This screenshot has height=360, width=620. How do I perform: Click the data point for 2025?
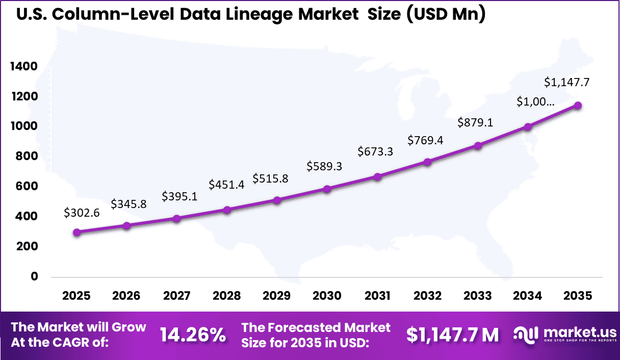[x=76, y=233]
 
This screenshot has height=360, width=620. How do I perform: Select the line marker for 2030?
[x=327, y=189]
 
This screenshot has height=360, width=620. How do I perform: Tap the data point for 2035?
[x=578, y=106]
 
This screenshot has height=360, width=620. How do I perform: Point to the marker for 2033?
[x=478, y=146]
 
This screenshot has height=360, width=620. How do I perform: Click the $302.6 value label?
[x=82, y=214]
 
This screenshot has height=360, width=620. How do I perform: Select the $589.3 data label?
[x=324, y=166]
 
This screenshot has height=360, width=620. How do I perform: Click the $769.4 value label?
[x=425, y=140]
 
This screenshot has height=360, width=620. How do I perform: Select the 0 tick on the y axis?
[x=34, y=276]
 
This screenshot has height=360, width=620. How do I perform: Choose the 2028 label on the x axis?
[x=227, y=296]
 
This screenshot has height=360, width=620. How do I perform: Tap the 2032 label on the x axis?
[x=427, y=296]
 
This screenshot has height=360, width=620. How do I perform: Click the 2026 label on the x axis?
[x=126, y=296]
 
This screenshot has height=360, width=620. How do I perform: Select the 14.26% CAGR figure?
[x=193, y=335]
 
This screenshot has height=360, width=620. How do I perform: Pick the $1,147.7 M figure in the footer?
[x=452, y=335]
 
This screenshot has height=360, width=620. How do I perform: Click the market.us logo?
[x=562, y=335]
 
